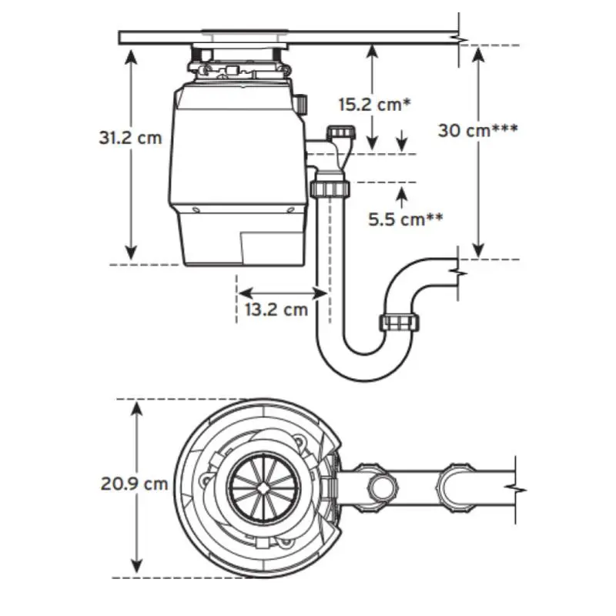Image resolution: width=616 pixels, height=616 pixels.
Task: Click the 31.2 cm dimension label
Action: pos(130,138)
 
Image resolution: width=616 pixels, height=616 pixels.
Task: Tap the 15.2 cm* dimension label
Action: pos(374,105)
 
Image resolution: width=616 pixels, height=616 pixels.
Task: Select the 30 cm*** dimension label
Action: pos(477,130)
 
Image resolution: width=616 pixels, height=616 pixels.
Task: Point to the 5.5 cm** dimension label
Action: pos(406,219)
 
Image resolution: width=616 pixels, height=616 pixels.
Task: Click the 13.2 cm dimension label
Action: pos(276,310)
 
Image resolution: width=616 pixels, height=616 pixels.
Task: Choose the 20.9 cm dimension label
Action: pos(134,484)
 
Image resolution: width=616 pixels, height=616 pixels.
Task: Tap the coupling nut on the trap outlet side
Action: pos(399,323)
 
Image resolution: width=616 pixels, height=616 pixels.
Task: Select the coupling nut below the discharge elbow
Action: pos(330,189)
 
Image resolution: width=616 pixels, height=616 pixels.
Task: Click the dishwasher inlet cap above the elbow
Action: pos(341,131)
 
